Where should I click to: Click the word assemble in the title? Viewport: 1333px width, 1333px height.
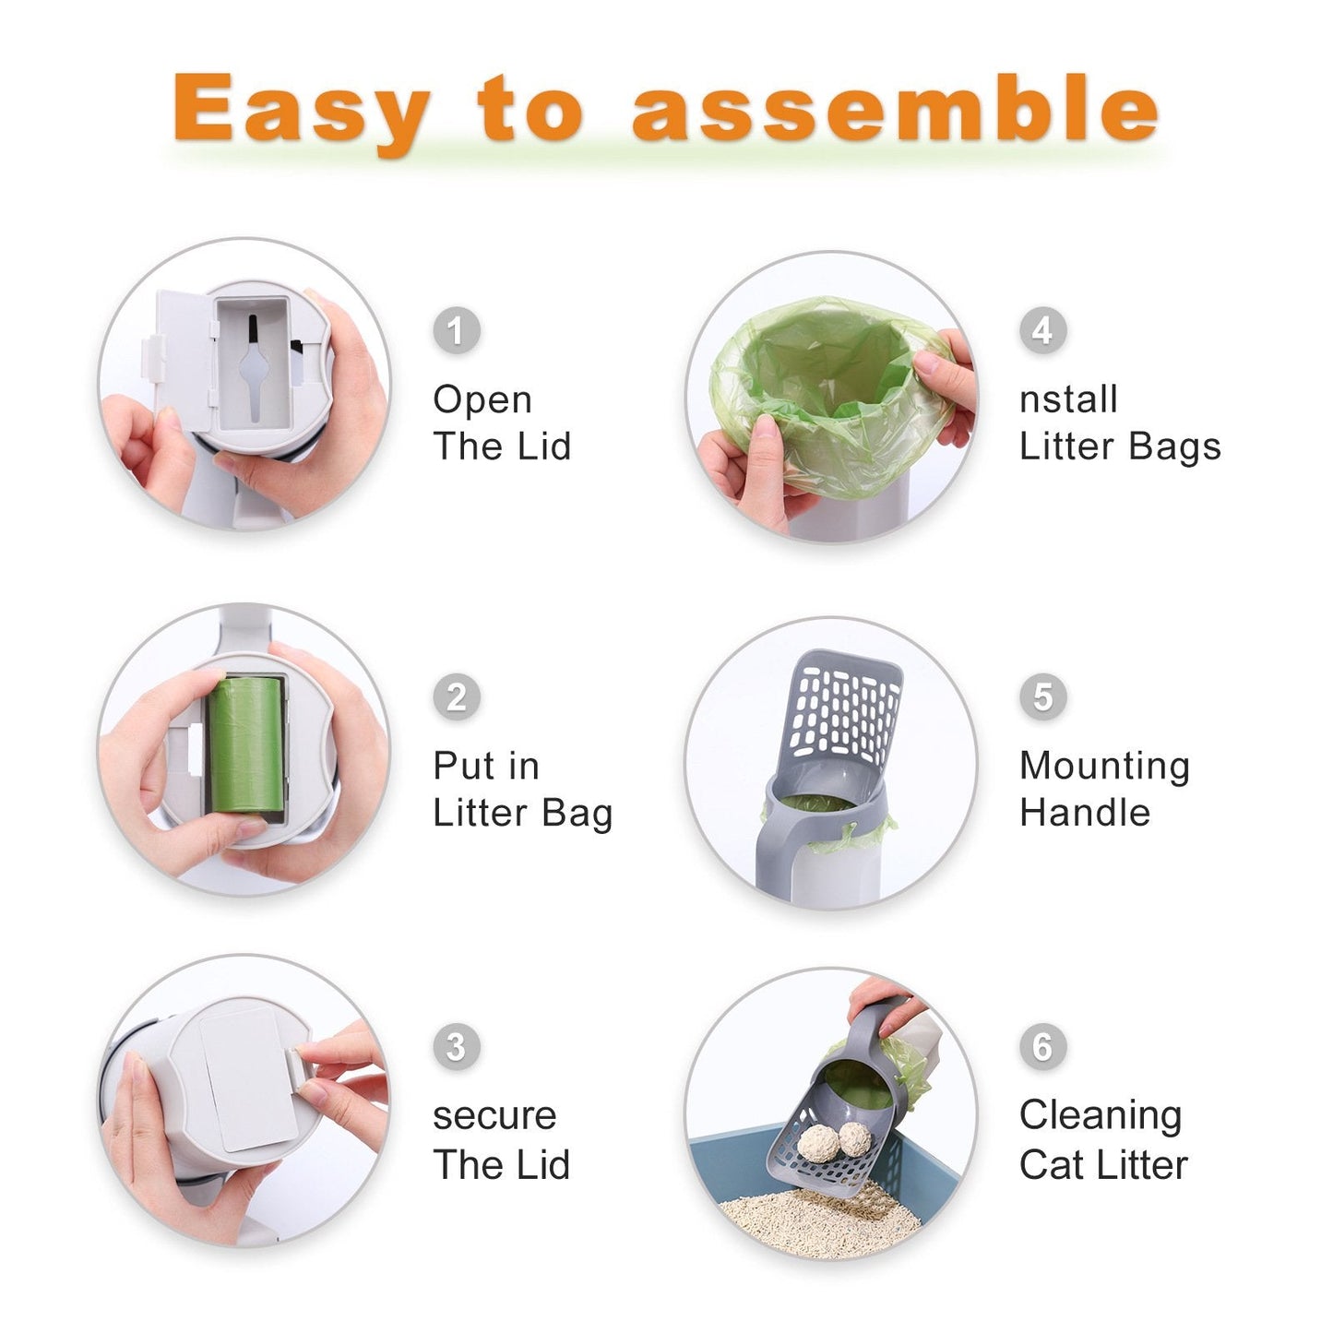(x=894, y=109)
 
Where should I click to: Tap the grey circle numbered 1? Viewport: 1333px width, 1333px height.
(x=457, y=330)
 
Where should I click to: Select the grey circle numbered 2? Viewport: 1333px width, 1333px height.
(x=457, y=696)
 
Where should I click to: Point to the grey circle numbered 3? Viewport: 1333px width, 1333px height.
(x=457, y=1046)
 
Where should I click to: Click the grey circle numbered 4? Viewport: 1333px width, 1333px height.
(x=1042, y=330)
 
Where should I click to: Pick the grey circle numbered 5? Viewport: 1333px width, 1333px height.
(x=1042, y=696)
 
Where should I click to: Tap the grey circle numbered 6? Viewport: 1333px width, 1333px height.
(x=1042, y=1046)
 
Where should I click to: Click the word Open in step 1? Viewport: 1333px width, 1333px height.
(x=482, y=400)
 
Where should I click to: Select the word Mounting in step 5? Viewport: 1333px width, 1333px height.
(x=1104, y=767)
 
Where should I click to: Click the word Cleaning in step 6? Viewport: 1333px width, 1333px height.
(x=1100, y=1115)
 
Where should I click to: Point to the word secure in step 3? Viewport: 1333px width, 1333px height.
(x=494, y=1116)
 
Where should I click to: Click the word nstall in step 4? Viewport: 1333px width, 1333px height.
(x=1068, y=400)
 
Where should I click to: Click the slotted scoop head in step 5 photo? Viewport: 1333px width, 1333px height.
(x=845, y=710)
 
